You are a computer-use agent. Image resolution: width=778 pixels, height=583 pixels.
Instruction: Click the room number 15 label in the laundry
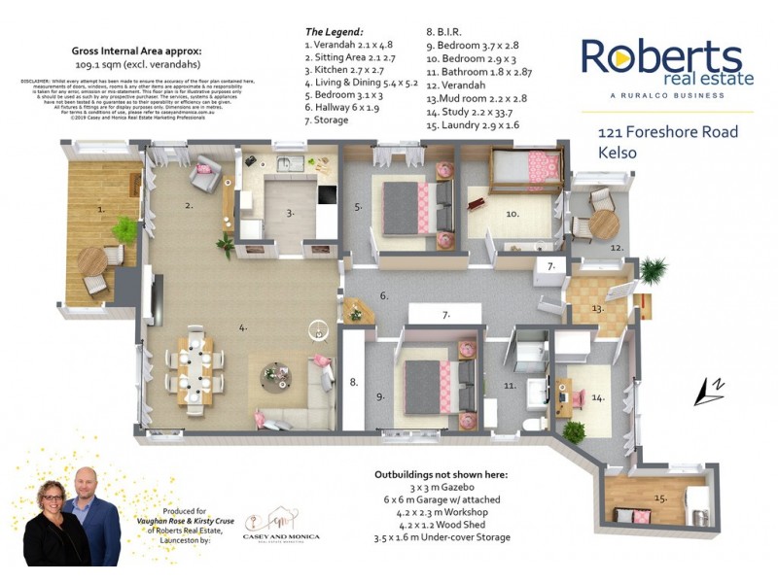[661, 498]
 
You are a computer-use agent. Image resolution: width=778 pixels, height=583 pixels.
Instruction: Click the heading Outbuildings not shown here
[441, 476]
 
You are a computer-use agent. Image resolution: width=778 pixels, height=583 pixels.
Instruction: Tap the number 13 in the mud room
[596, 309]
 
